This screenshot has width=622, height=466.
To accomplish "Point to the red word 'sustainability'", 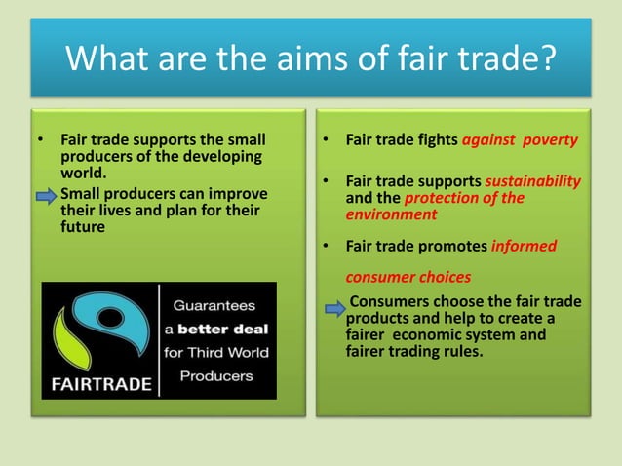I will [x=532, y=181].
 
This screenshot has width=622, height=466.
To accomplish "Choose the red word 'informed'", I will [x=525, y=246].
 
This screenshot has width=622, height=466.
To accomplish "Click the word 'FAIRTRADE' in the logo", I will [x=97, y=383].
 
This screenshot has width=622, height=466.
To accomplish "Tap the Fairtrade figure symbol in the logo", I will [x=97, y=328].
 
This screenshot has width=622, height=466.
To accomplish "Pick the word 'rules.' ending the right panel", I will [x=459, y=352].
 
